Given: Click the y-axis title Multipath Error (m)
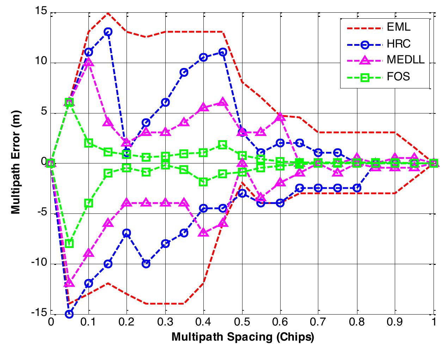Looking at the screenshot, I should pyautogui.click(x=16, y=163).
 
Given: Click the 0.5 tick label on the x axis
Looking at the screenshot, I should pyautogui.click(x=242, y=322).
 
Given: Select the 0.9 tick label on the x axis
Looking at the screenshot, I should pyautogui.click(x=395, y=322).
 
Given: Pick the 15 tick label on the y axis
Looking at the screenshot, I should pyautogui.click(x=41, y=12).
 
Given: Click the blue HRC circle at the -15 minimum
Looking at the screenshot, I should pyautogui.click(x=69, y=314).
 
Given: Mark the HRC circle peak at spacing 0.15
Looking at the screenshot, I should pyautogui.click(x=108, y=32).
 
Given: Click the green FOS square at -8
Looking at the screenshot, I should pyautogui.click(x=69, y=243).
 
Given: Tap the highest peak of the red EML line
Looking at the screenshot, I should pyautogui.click(x=108, y=13).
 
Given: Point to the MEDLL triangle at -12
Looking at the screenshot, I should pyautogui.click(x=69, y=283).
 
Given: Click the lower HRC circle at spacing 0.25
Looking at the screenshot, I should pyautogui.click(x=146, y=264).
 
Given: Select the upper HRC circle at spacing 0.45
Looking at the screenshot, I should pyautogui.click(x=223, y=52).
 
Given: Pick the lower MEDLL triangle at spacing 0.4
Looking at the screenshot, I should pyautogui.click(x=203, y=232).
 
